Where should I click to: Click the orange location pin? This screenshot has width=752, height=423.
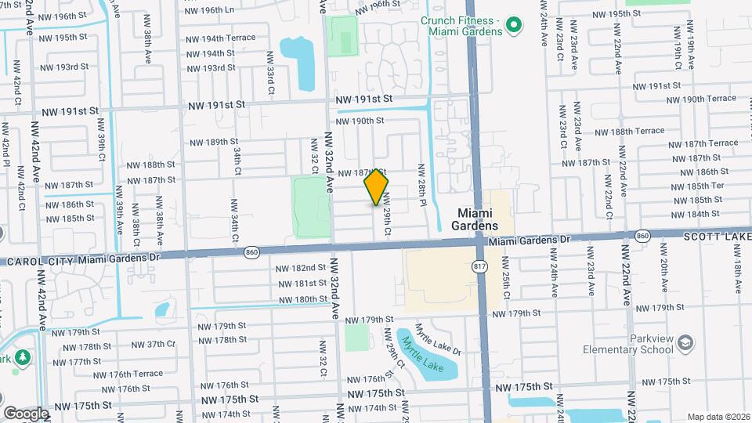point(377,187)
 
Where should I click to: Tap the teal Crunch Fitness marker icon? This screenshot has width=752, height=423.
point(513,27)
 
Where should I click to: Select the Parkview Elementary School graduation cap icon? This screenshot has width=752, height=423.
point(685,342)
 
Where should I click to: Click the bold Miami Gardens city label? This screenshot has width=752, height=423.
point(478,219)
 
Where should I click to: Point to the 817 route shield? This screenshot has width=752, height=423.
point(479,267)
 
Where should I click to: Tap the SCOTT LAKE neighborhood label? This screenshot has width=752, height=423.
point(717,235)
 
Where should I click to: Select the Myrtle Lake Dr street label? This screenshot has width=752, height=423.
point(438,338)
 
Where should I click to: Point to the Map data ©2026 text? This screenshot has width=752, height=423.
point(718,416)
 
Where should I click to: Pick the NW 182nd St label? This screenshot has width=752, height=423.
point(300,268)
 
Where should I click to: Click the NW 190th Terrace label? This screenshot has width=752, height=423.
point(710,99)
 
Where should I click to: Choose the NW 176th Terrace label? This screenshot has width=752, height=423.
point(131,374)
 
